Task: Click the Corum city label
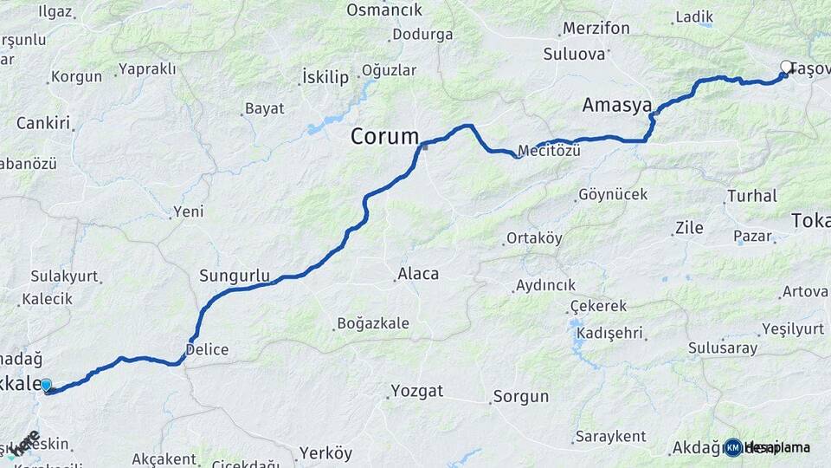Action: pyautogui.click(x=384, y=137)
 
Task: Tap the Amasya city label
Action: pyautogui.click(x=617, y=106)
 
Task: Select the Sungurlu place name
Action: pyautogui.click(x=235, y=276)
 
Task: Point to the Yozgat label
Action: pyautogui.click(x=417, y=390)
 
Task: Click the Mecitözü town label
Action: pyautogui.click(x=549, y=150)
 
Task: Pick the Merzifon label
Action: pyautogui.click(x=596, y=29)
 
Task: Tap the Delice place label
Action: pyautogui.click(x=207, y=350)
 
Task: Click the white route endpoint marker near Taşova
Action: pyautogui.click(x=786, y=67)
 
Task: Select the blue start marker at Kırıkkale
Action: pyautogui.click(x=46, y=386)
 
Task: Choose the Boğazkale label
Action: pyautogui.click(x=372, y=324)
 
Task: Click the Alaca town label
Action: pyautogui.click(x=417, y=274)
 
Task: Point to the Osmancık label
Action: pyautogui.click(x=383, y=10)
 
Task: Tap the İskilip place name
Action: pyautogui.click(x=325, y=77)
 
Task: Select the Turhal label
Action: pyautogui.click(x=751, y=196)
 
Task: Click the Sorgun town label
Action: pyautogui.click(x=520, y=397)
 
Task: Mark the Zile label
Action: pyautogui.click(x=688, y=229)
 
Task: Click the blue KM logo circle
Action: pyautogui.click(x=732, y=447)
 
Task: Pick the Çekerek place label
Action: pyautogui.click(x=598, y=307)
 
